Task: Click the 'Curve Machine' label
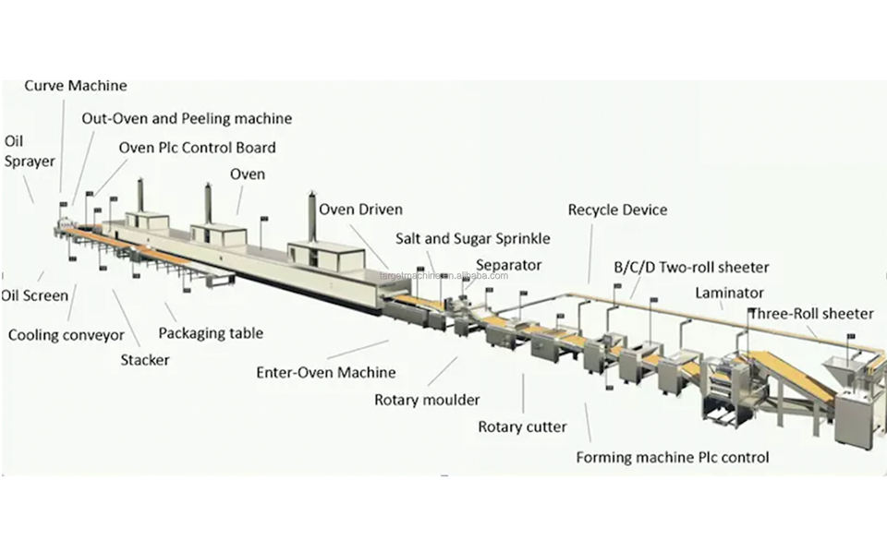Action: [x=75, y=86]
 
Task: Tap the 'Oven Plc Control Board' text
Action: [x=197, y=147]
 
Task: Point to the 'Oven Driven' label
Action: [x=360, y=210]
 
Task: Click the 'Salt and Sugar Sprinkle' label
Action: [x=472, y=238]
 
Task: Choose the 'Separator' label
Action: [x=508, y=265]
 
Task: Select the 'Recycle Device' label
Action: [x=617, y=210]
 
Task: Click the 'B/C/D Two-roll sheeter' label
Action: [x=691, y=268]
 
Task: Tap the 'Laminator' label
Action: [x=729, y=293]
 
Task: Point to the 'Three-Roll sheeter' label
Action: [x=810, y=313]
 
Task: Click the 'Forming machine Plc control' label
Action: [x=672, y=457]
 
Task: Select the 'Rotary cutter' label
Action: [x=522, y=426]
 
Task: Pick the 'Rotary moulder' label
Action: [x=426, y=400]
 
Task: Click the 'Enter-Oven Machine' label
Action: [x=325, y=373]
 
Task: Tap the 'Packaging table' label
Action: [x=211, y=333]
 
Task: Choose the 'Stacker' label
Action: [x=145, y=359]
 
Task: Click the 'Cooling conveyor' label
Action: [x=66, y=335]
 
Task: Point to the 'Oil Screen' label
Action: [x=34, y=295]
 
